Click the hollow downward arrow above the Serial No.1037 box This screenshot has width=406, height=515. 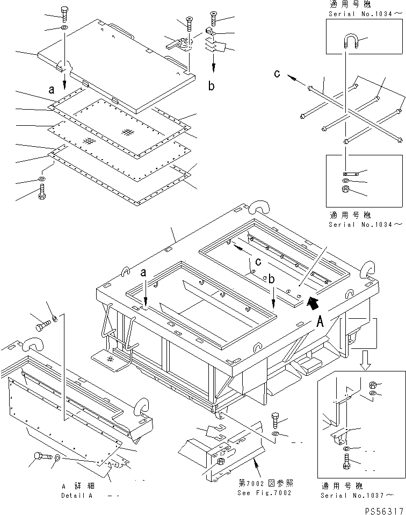[365, 360]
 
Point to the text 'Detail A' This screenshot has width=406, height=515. [77, 496]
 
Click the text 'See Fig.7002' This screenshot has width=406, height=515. [265, 493]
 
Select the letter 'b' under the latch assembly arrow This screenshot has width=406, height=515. [212, 86]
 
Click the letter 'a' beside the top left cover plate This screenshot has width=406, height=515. [52, 89]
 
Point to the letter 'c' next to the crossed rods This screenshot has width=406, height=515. [277, 74]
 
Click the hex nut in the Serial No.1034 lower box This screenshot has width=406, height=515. [345, 189]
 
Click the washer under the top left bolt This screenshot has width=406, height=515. [64, 27]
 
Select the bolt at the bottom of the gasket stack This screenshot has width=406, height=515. [42, 191]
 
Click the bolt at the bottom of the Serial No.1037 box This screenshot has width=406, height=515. [346, 461]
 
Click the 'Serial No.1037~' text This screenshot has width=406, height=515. [357, 495]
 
